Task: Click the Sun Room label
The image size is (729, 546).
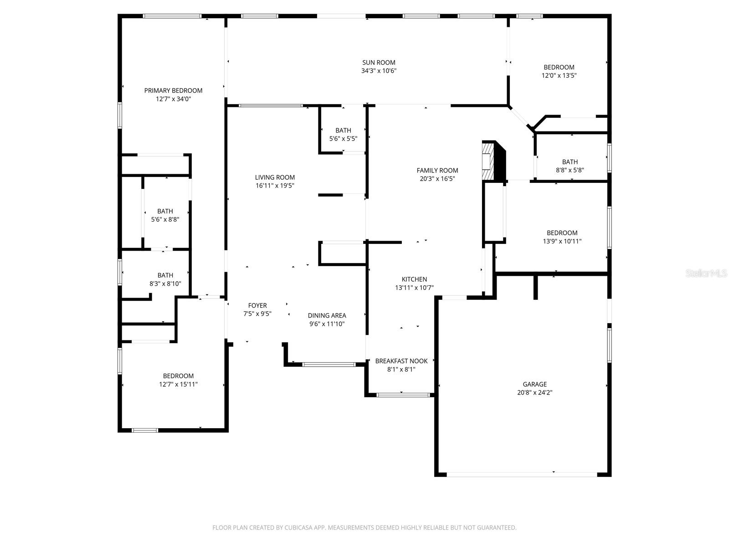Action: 379,63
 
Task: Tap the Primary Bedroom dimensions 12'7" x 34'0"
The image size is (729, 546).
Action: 173,99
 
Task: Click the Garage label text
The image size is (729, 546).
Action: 535,384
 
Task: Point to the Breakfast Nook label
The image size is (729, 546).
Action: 401,361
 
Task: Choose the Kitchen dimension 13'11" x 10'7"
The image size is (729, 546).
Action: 414,288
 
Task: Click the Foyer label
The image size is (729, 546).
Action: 257,306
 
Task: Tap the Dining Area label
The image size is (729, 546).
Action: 327,316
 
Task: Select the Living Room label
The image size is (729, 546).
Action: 275,177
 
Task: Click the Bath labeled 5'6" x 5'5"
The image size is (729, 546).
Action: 343,135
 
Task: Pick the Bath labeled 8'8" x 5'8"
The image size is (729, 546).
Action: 570,166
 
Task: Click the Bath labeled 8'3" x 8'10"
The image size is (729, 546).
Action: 165,279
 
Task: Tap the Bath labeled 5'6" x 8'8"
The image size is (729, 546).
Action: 165,215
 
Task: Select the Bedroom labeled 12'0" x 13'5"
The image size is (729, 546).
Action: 559,71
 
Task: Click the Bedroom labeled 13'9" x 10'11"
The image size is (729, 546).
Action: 562,237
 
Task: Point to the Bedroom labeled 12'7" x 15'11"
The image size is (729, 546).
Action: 178,380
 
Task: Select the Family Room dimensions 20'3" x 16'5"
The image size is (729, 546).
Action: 437,179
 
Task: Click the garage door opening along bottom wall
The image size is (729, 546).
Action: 522,474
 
